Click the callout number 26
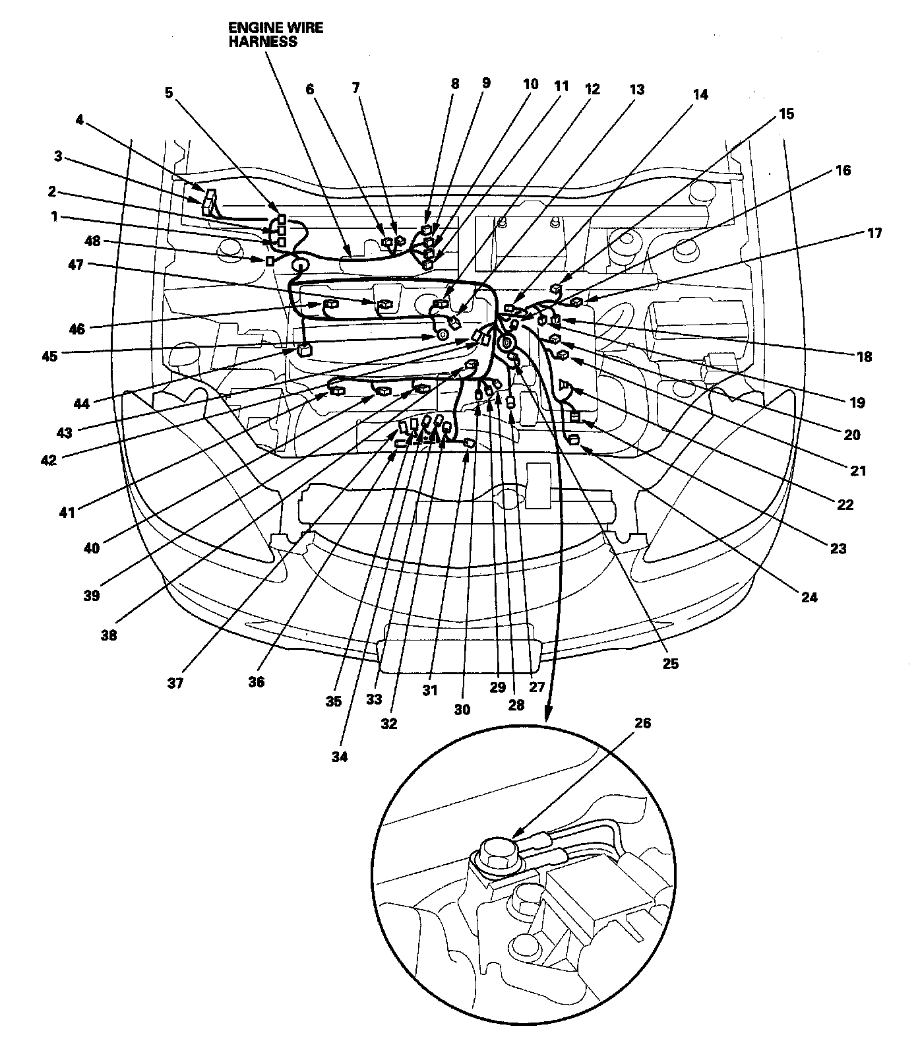pyautogui.click(x=642, y=723)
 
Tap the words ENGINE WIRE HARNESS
pyautogui.click(x=275, y=35)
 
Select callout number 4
pyautogui.click(x=80, y=121)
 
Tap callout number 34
pyautogui.click(x=339, y=757)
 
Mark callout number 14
pyautogui.click(x=700, y=95)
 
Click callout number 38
pyautogui.click(x=109, y=635)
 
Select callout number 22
pyautogui.click(x=845, y=505)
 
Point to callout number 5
pyautogui.click(x=169, y=92)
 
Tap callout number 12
pyautogui.click(x=592, y=89)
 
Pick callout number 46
pyautogui.click(x=77, y=328)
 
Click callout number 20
pyautogui.click(x=852, y=435)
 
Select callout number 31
pyautogui.click(x=430, y=691)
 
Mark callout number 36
pyautogui.click(x=256, y=682)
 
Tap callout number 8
pyautogui.click(x=455, y=84)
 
